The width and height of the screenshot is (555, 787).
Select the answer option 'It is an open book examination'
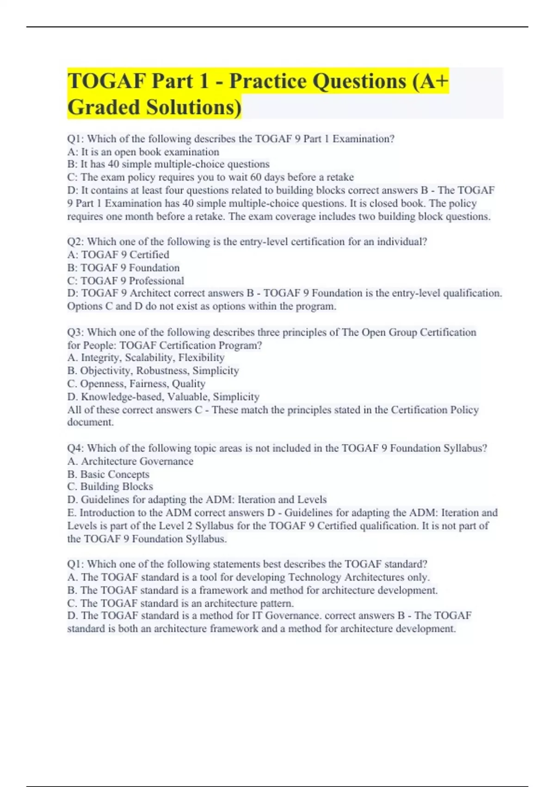pyautogui.click(x=150, y=152)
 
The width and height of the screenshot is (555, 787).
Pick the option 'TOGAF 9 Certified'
pyautogui.click(x=125, y=255)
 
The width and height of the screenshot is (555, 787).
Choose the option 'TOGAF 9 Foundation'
pyautogui.click(x=130, y=268)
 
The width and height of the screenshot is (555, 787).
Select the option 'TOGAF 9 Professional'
pyautogui.click(x=132, y=281)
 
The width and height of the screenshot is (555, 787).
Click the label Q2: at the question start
pyautogui.click(x=75, y=242)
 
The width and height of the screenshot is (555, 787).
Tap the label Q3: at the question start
pyautogui.click(x=75, y=332)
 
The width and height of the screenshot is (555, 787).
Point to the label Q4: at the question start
pyautogui.click(x=75, y=448)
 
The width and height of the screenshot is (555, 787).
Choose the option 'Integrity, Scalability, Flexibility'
pyautogui.click(x=152, y=357)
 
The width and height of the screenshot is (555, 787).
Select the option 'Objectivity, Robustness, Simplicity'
pyautogui.click(x=159, y=370)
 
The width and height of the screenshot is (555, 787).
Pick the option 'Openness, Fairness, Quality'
pyautogui.click(x=142, y=384)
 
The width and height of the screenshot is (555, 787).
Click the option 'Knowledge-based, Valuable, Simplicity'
pyautogui.click(x=170, y=397)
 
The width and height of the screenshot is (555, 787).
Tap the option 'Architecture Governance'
pyautogui.click(x=137, y=461)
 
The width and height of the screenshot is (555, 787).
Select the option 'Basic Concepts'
pyautogui.click(x=115, y=474)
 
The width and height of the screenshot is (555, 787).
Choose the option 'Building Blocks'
pyautogui.click(x=117, y=487)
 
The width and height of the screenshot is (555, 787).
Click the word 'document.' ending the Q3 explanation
pyautogui.click(x=91, y=422)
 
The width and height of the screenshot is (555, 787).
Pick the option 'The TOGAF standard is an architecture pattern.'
pyautogui.click(x=187, y=603)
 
